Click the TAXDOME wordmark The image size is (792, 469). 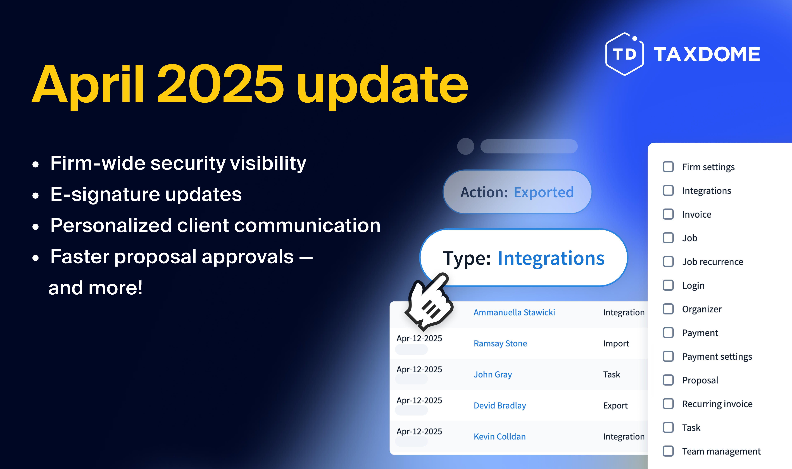coord(707,54)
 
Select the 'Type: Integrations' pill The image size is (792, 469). coord(524,258)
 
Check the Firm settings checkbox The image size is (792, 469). coord(668,167)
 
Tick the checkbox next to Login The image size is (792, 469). coord(668,285)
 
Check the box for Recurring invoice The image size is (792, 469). coord(668,404)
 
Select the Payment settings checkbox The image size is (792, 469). coord(668,357)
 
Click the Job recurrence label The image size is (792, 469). coord(712,262)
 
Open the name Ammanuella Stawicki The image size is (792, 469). coord(514,312)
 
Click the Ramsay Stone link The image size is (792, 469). coord(500,343)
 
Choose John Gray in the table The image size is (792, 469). coord(493,374)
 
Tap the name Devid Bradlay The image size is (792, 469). coord(500,405)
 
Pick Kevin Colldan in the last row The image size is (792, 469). coord(500,436)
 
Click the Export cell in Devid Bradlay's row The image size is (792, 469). coord(615,405)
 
